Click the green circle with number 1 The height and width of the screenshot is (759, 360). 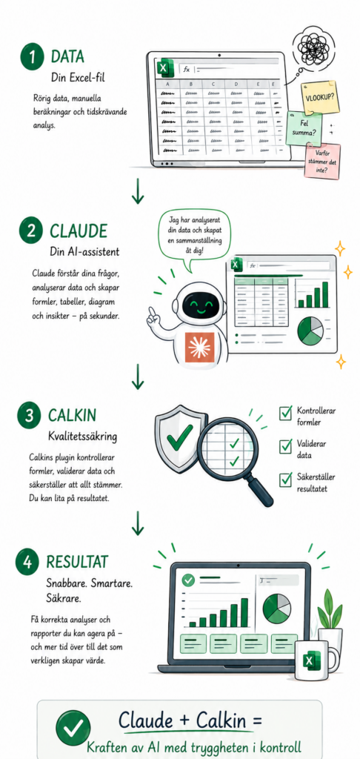(32, 57)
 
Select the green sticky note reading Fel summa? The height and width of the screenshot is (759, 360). (304, 127)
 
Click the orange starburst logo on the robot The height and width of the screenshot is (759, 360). (199, 348)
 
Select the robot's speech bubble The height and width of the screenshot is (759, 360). (195, 237)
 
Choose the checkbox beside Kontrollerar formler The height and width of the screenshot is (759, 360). (285, 413)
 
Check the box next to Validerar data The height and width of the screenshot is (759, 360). (285, 445)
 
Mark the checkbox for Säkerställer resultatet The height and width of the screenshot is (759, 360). (285, 480)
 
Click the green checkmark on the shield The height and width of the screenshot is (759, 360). (179, 437)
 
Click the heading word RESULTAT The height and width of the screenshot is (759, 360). (77, 562)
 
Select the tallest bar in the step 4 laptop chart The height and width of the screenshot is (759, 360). (244, 612)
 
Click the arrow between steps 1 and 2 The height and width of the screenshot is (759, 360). (138, 190)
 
